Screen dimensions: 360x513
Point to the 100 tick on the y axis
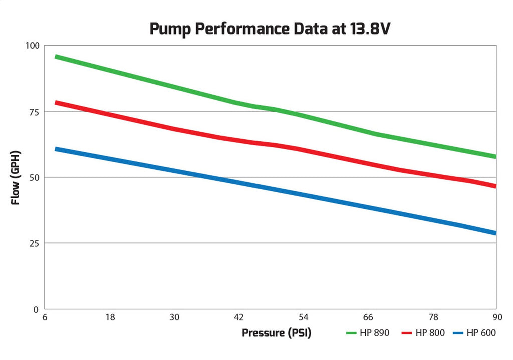pos(31,46)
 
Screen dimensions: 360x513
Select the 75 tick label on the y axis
pos(33,112)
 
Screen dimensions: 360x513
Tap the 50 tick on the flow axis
pos(33,177)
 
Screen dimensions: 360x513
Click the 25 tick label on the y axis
pos(33,243)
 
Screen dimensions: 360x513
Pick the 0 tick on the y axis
pos(36,309)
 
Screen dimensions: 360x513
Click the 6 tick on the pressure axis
pos(46,317)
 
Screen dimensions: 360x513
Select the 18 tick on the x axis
pos(110,317)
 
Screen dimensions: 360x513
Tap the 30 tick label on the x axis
pos(175,317)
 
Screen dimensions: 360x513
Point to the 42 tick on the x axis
pos(239,317)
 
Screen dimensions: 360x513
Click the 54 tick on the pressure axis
pos(304,317)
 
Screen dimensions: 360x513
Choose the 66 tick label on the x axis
pos(368,317)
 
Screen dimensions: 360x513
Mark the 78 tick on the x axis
pos(433,317)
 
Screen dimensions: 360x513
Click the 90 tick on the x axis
pos(495,317)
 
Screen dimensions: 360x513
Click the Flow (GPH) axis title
pos(16,177)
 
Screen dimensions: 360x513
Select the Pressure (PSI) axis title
pos(277,333)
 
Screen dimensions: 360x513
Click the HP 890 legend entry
pos(368,333)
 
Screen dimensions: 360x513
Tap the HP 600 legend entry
pos(474,333)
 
